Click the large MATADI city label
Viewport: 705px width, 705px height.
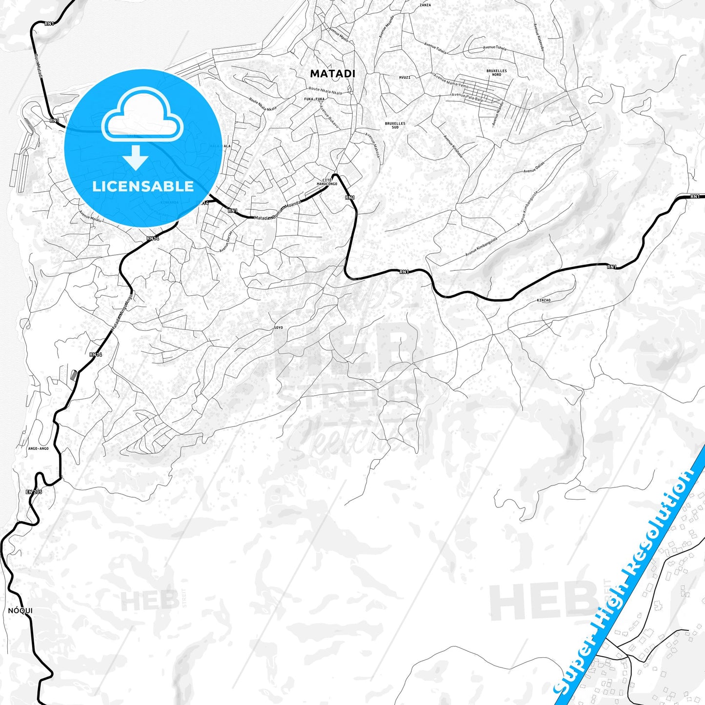(333, 74)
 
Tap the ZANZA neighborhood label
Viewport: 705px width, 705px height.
(425, 5)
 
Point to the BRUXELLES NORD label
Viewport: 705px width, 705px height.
(497, 73)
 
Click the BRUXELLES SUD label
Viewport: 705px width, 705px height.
(395, 125)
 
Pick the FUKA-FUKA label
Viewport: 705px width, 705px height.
(314, 99)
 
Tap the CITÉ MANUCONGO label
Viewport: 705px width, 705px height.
(327, 182)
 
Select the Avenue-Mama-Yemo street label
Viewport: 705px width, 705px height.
(451, 81)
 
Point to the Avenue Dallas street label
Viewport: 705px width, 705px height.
(533, 168)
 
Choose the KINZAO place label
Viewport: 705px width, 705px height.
(544, 300)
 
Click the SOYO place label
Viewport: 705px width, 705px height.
(278, 327)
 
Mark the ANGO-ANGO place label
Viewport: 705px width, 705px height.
(39, 448)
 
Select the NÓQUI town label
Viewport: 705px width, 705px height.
(20, 611)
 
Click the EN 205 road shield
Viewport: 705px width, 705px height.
(34, 492)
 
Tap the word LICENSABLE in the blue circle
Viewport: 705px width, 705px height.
(143, 186)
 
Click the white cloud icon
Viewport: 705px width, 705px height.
(142, 115)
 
